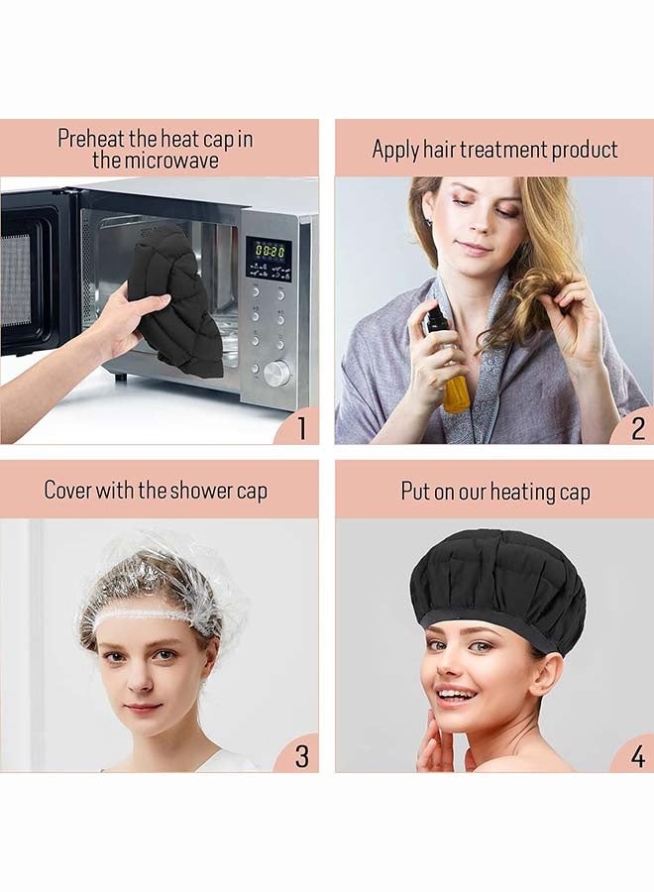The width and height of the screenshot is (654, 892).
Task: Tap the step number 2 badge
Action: (637, 428)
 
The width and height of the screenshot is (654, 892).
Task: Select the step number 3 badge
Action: (301, 756)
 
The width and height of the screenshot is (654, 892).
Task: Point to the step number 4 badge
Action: (637, 756)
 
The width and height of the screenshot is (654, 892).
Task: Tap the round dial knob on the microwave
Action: (276, 373)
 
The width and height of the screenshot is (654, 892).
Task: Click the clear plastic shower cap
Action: (159, 580)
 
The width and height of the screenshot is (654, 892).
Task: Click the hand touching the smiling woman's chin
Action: (434, 743)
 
